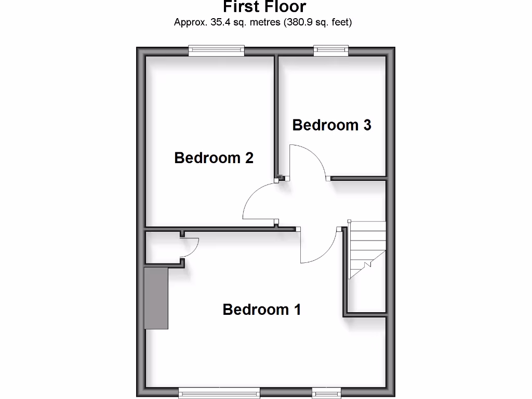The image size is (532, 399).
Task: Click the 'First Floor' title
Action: click(x=264, y=7)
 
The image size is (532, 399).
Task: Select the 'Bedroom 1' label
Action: click(x=261, y=310)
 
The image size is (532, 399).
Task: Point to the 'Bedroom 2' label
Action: click(x=214, y=157)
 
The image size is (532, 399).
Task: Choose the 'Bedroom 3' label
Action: click(x=331, y=125)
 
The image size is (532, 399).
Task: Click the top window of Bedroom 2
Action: click(x=216, y=50)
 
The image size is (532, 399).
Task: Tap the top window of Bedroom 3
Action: click(x=331, y=50)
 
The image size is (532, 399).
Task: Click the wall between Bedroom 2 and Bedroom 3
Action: click(x=276, y=114)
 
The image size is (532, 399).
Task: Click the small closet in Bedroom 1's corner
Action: click(x=162, y=248)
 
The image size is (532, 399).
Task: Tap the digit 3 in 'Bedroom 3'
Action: click(x=366, y=125)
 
